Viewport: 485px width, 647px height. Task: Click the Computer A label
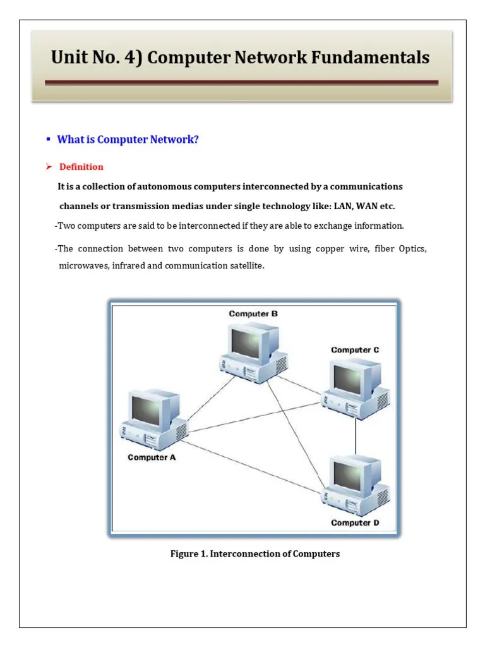(152, 457)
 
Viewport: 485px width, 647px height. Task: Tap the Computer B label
(253, 313)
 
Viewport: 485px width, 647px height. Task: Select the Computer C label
(355, 349)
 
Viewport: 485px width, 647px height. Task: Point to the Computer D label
(355, 523)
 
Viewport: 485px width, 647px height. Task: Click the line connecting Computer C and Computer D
(356, 435)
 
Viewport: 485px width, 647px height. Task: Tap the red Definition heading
(81, 167)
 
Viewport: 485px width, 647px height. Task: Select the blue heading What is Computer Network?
(128, 139)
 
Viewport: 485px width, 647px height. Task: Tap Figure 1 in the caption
(188, 554)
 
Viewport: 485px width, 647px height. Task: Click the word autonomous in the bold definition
(165, 187)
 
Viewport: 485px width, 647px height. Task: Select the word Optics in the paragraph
(412, 248)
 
